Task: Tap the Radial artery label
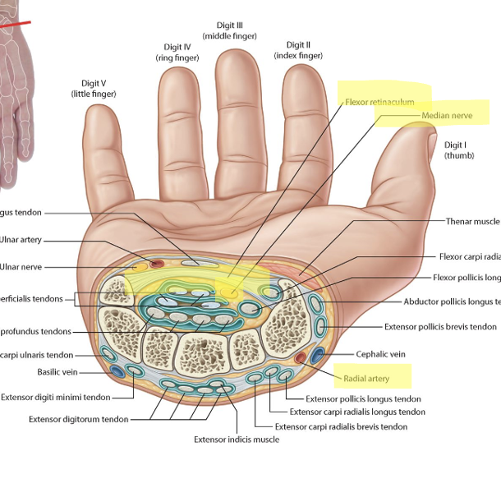coord(366,379)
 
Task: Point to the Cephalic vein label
coord(381,355)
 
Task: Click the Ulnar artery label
coord(21,240)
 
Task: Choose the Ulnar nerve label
coord(21,267)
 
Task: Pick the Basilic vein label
coord(56,371)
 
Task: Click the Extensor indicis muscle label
coord(236,440)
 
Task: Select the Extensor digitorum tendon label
coord(78,419)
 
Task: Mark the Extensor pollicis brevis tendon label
coord(440,326)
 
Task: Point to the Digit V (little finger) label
coord(94,89)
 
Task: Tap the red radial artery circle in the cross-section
coord(301,357)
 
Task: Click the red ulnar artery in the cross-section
coord(156,264)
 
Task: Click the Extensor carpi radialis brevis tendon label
coord(341,426)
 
